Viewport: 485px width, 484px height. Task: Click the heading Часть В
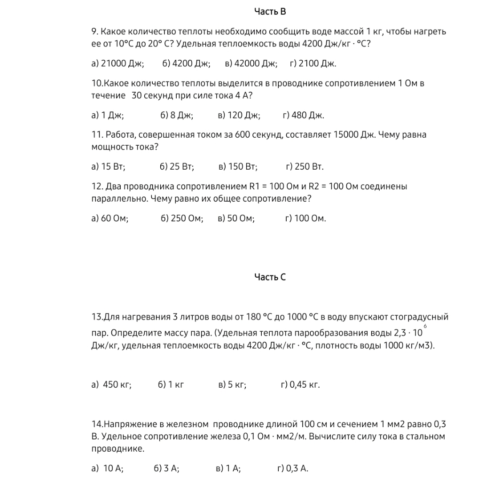tap(270, 11)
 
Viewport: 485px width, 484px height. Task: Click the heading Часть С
tap(270, 277)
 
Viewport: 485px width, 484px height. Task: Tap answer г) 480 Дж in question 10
tap(303, 115)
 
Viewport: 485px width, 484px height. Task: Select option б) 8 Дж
tap(177, 115)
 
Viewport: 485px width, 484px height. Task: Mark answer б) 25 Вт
tap(177, 167)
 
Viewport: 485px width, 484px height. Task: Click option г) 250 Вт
tap(305, 167)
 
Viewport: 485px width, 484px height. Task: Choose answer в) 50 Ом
tap(236, 219)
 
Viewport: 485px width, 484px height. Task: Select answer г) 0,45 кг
tap(300, 385)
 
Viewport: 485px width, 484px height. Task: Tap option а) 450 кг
tap(111, 385)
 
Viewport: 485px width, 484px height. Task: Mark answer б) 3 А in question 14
tap(166, 468)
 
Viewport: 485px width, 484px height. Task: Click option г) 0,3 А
tap(293, 468)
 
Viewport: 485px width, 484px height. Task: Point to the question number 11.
tap(96, 135)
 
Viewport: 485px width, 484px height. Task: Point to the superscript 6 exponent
tap(425, 326)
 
